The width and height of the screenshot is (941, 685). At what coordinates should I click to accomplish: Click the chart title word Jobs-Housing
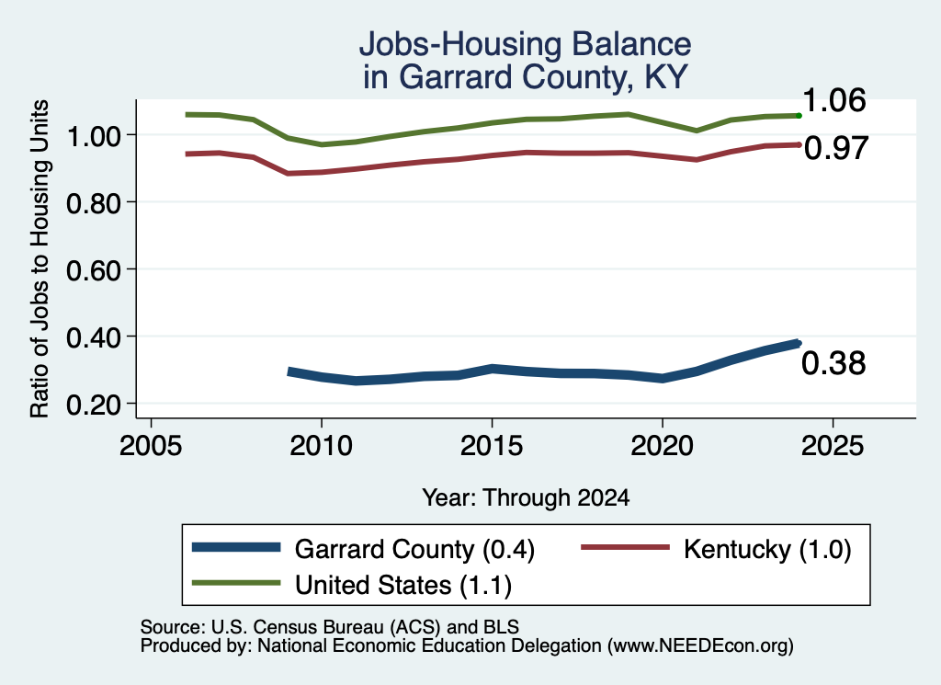point(459,45)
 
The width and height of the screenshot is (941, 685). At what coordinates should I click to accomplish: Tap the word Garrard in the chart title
point(456,77)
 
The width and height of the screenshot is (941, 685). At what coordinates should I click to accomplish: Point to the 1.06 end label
point(834,100)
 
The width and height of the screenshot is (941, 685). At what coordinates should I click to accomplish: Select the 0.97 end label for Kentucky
point(836,148)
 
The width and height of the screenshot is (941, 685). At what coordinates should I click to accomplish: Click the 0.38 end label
point(833,364)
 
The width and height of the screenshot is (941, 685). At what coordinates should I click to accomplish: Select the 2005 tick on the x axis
point(151,446)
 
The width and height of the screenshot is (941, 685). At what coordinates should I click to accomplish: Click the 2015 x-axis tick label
point(492,446)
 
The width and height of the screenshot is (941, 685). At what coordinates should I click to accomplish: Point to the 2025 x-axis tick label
point(833,446)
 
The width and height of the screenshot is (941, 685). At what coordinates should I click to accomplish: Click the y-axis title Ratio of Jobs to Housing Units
point(40,258)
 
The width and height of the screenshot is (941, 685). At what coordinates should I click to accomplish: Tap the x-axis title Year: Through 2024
point(527,497)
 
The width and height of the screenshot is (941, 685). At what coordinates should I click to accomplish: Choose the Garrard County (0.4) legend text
point(414,549)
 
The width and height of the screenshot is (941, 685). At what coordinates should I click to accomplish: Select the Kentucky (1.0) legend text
point(767,549)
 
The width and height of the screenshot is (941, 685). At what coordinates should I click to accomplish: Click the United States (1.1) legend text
point(403,586)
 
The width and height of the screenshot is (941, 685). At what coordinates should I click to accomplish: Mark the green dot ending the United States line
point(799,115)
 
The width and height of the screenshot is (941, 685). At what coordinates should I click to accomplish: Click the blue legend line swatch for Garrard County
point(236,547)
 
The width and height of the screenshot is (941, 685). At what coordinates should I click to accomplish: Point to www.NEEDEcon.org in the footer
point(700,646)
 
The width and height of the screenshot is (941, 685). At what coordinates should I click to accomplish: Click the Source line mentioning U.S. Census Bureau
point(330,627)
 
